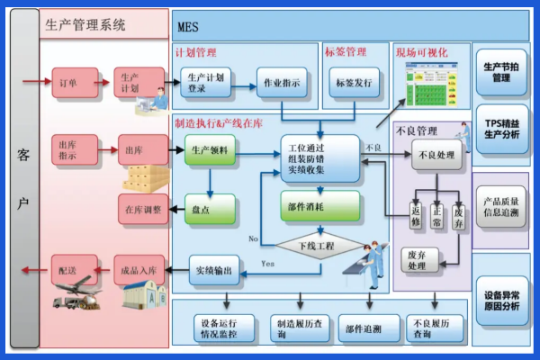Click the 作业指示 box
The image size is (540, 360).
[283, 82]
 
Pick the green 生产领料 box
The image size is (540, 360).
[210, 150]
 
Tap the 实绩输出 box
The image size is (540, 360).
[215, 270]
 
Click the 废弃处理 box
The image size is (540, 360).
[417, 260]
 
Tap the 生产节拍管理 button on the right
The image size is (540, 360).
[502, 71]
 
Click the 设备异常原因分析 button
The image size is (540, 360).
[502, 301]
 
